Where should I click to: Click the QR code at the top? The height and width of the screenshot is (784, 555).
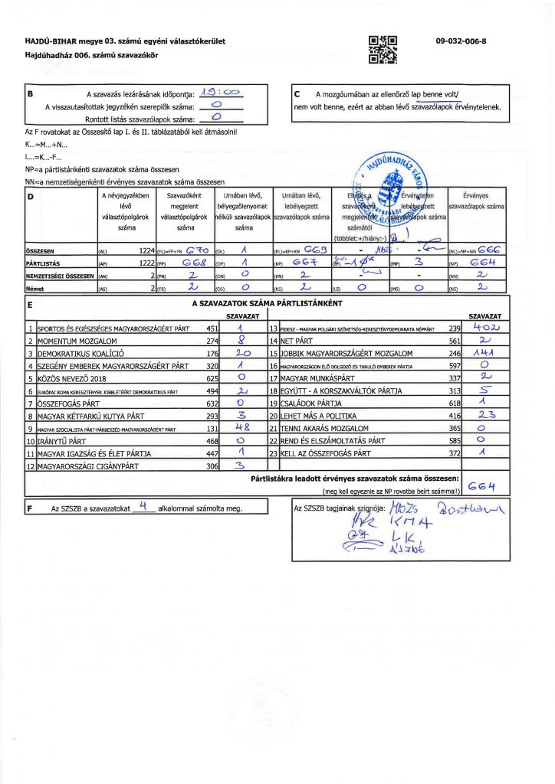(383, 48)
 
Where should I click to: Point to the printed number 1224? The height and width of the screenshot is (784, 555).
(146, 250)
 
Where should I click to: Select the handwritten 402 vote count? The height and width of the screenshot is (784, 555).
(484, 327)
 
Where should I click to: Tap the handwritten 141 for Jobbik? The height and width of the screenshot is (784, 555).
(484, 353)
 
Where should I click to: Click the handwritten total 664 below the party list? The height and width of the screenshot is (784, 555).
(485, 486)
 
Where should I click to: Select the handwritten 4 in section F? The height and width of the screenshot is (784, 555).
(143, 506)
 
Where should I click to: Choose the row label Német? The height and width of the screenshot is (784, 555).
(36, 288)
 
